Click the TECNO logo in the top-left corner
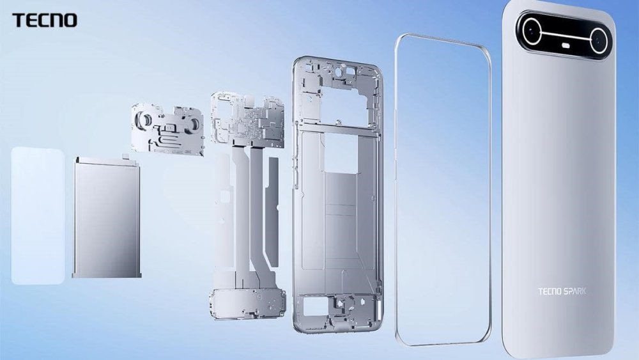point(44,20)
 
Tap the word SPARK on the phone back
point(574,292)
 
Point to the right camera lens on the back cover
point(599,42)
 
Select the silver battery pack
point(106,217)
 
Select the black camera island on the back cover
point(566,36)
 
